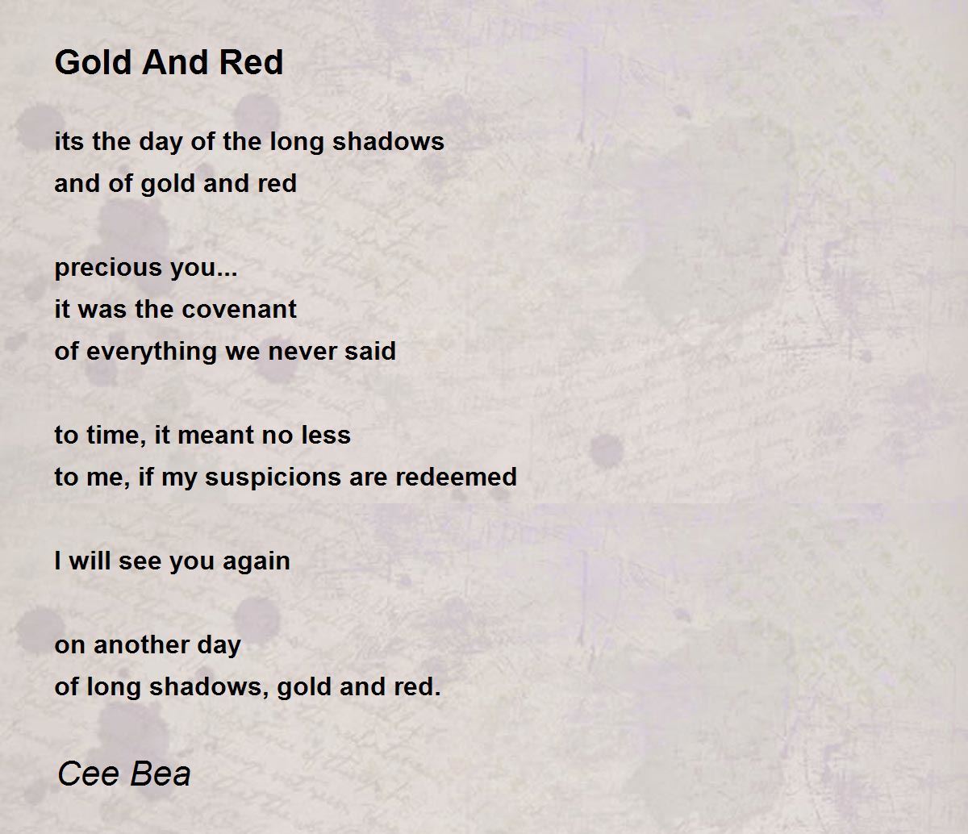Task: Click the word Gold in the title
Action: click(94, 62)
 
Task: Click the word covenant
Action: click(239, 310)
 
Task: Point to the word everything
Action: click(152, 352)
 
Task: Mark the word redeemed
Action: click(456, 477)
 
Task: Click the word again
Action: click(257, 562)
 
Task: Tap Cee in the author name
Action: click(89, 774)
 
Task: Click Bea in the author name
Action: click(161, 774)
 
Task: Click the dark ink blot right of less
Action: click(607, 451)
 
